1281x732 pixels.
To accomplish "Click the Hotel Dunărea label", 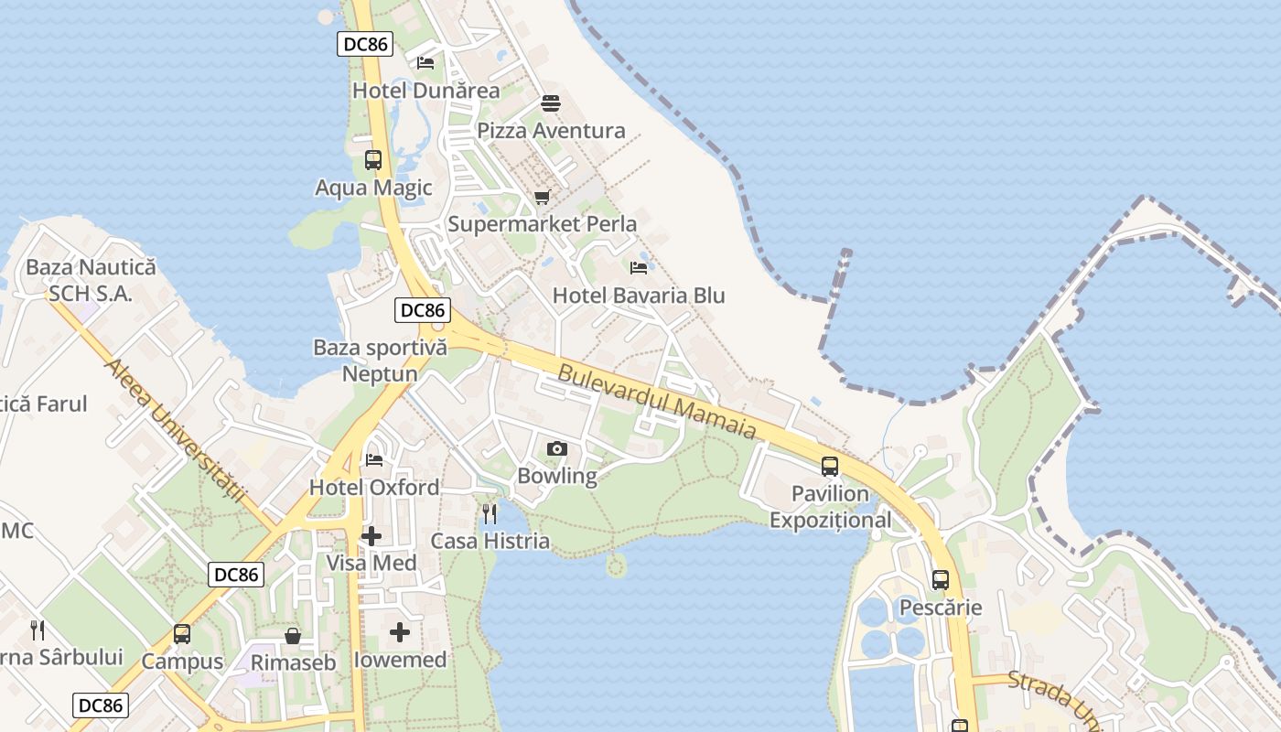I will pos(426,91).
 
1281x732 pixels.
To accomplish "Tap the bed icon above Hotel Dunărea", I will pos(425,63).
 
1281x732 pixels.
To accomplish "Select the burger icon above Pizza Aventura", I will pos(550,102).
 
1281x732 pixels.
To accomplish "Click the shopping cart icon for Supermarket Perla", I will pos(542,197).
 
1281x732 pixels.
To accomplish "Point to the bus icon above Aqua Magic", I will pos(373,160).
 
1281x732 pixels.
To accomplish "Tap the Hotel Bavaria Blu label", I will pos(639,296).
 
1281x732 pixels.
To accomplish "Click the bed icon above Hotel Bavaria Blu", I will pos(639,268).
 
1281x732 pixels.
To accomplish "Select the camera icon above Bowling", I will pos(556,448).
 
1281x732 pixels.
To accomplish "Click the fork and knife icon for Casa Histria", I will pos(490,513).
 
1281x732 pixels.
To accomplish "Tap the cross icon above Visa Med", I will pos(371,535).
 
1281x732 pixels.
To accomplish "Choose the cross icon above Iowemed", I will pos(400,632).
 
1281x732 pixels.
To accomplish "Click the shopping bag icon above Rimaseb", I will pos(293,635).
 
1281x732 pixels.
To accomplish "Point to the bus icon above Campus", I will pos(182,634).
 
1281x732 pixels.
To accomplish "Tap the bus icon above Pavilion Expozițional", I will pos(830,467).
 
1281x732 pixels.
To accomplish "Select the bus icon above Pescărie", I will pos(941,580).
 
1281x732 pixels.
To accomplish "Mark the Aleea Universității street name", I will pos(176,430).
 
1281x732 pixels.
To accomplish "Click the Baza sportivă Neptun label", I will pos(380,361).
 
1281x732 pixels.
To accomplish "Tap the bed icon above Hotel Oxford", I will pos(373,459).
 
